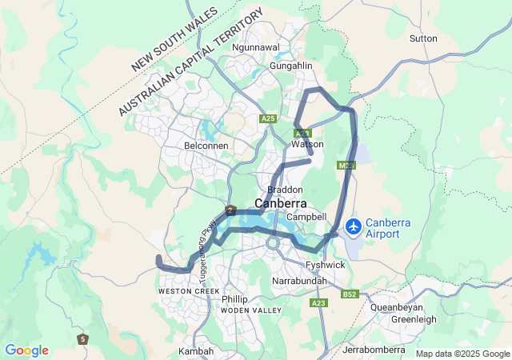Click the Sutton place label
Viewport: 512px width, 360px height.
tap(423, 38)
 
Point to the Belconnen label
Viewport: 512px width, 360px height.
tap(206, 146)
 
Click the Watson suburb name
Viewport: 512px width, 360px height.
tap(308, 144)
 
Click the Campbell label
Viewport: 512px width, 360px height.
tap(306, 217)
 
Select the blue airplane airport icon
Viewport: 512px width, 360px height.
tap(354, 227)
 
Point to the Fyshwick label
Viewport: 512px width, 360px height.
tap(325, 264)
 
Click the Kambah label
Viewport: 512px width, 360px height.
tap(196, 351)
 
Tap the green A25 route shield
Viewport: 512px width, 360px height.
tap(268, 118)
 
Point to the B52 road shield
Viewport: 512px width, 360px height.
tap(349, 294)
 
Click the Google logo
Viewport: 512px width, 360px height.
tap(26, 350)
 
